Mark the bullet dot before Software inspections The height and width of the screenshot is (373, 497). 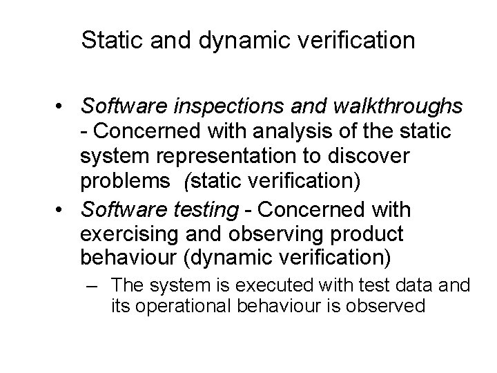coord(62,108)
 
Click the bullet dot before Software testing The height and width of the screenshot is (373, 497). coord(62,209)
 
